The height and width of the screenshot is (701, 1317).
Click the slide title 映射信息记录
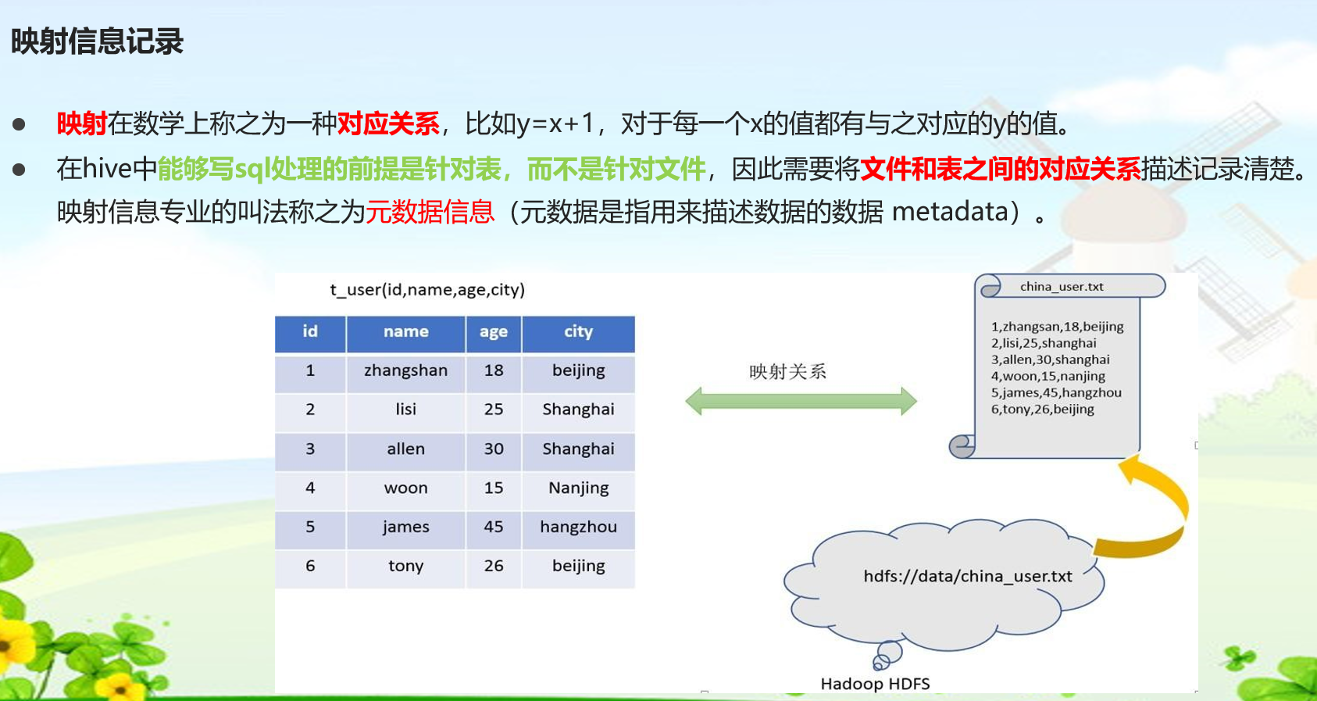[97, 41]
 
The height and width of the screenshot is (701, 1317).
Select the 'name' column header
[405, 332]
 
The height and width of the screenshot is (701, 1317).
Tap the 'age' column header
[493, 332]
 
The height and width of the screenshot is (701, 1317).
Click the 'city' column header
[578, 332]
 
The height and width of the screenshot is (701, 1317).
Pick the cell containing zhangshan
[405, 371]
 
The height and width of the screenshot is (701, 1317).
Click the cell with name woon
[405, 488]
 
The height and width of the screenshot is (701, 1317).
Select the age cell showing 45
[493, 528]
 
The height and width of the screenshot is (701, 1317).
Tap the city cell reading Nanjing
[578, 488]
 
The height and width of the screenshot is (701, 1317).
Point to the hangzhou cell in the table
[578, 528]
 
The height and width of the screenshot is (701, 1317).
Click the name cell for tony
[405, 567]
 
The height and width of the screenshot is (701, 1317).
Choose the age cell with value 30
[493, 449]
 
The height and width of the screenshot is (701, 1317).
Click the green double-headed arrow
[801, 401]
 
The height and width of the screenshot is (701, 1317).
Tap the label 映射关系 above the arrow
[787, 372]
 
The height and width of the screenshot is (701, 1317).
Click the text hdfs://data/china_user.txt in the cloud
[967, 577]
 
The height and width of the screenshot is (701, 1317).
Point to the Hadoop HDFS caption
[875, 684]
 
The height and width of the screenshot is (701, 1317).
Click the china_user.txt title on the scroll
[1062, 287]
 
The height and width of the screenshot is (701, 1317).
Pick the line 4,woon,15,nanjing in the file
[1048, 376]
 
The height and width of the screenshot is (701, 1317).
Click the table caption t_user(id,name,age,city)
[427, 290]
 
